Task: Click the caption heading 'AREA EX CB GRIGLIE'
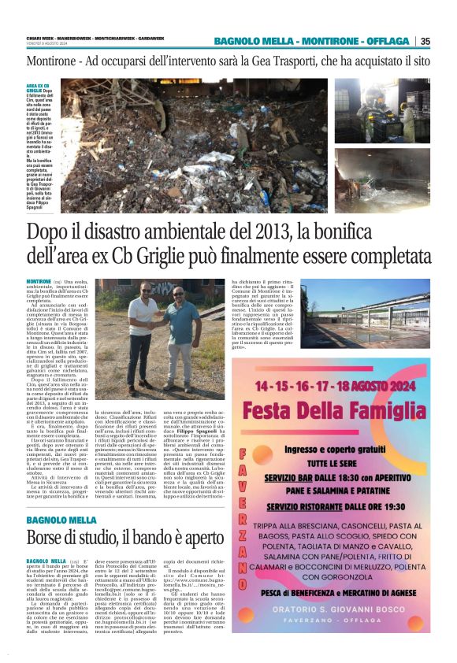coord(38,87)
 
